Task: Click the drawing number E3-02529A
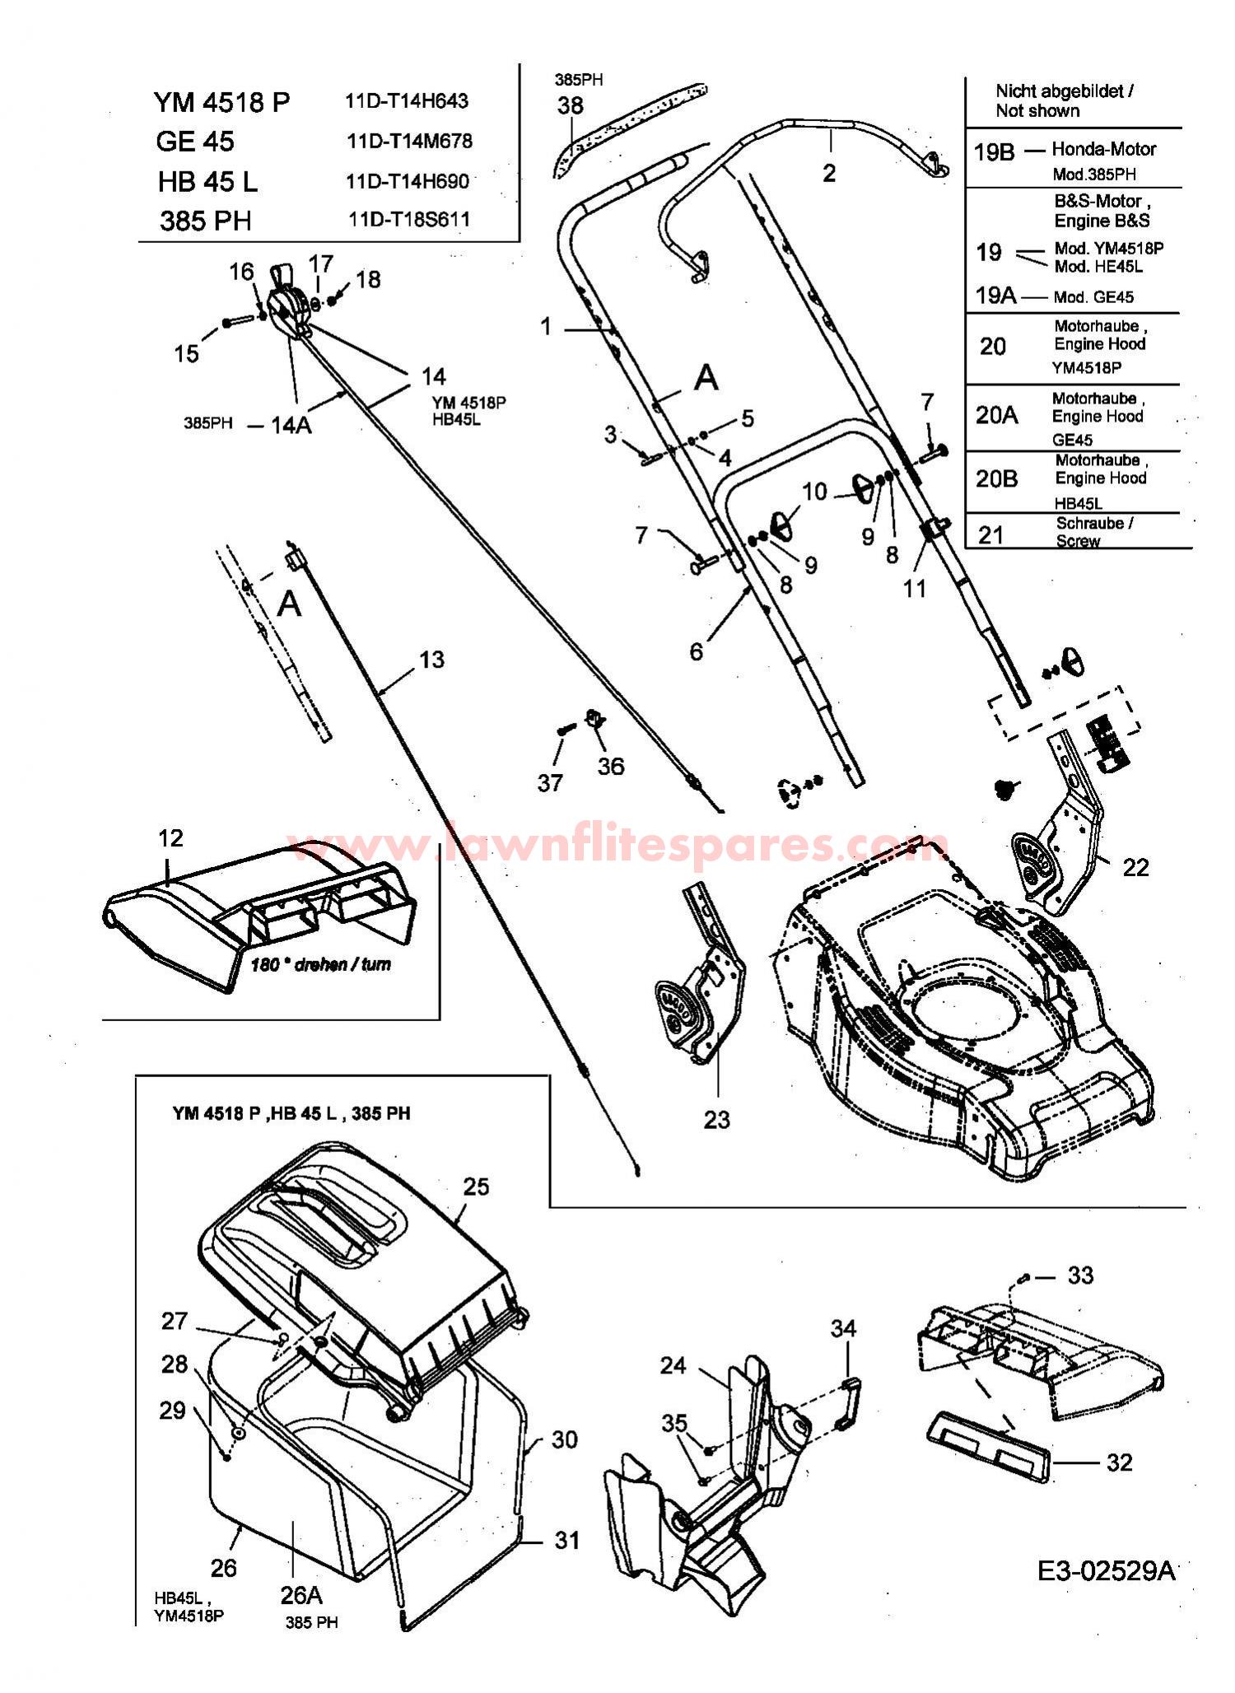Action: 1106,1572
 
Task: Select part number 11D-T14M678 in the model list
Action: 409,141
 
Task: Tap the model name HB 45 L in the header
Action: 207,181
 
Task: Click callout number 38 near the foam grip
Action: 571,105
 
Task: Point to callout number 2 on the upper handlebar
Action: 829,173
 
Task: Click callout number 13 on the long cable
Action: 431,660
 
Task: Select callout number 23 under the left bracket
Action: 716,1120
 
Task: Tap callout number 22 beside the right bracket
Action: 1135,867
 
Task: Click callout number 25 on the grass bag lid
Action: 476,1187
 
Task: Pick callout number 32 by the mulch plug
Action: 1119,1462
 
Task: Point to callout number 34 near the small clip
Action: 843,1328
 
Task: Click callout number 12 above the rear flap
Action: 170,838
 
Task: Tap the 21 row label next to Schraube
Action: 990,535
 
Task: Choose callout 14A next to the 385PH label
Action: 291,425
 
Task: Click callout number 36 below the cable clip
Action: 610,767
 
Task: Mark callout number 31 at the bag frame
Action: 566,1540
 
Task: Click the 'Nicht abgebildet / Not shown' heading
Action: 1064,100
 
